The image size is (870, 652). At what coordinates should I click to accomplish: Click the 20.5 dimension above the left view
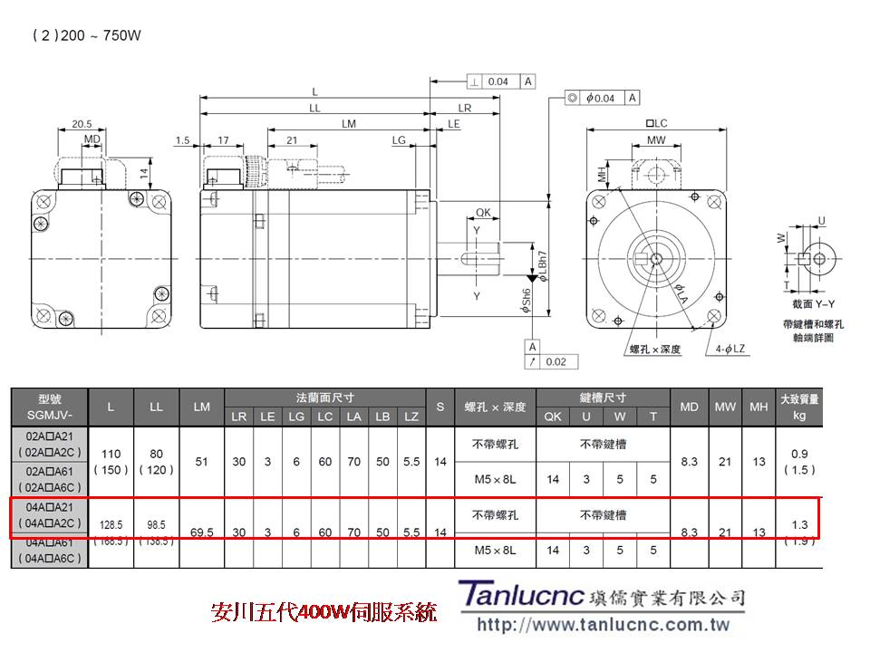[82, 123]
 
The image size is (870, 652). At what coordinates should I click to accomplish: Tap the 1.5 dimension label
[183, 140]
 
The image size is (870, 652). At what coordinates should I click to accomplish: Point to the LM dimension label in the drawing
[349, 123]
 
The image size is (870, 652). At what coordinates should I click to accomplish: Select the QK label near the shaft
[483, 213]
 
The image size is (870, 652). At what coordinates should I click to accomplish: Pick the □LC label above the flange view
[656, 123]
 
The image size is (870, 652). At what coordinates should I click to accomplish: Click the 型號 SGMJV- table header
[49, 407]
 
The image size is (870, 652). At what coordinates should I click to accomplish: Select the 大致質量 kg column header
[798, 407]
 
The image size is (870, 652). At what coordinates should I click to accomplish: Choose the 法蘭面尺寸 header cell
[324, 398]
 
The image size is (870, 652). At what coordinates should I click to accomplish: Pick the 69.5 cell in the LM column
[202, 532]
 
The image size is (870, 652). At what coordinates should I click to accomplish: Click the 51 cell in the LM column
[202, 462]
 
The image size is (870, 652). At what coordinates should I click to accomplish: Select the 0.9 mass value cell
[798, 453]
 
